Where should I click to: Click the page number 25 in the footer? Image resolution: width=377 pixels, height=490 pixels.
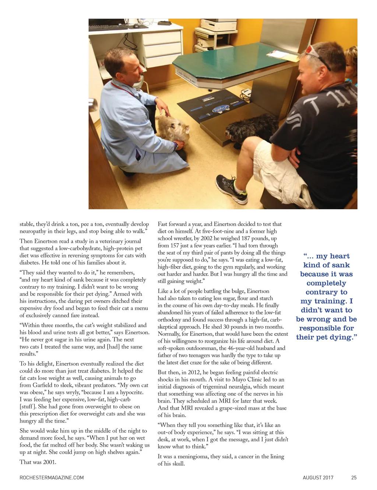point(354,478)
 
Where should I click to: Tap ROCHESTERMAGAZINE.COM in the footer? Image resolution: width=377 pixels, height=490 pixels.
point(52,478)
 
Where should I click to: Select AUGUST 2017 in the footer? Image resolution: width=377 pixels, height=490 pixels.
point(318,478)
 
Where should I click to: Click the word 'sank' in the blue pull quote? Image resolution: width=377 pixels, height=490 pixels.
point(341,265)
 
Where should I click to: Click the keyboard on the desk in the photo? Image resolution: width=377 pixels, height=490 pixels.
point(108,27)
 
